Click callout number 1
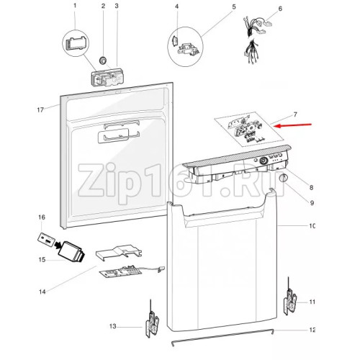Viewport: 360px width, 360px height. [x=74, y=6]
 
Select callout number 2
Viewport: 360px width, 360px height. [x=103, y=6]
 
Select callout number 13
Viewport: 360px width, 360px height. [x=113, y=327]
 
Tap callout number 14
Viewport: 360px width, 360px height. [x=42, y=292]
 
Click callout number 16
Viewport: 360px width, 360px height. [x=42, y=217]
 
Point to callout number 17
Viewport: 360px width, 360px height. [x=41, y=109]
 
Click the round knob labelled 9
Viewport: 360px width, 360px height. [x=283, y=178]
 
